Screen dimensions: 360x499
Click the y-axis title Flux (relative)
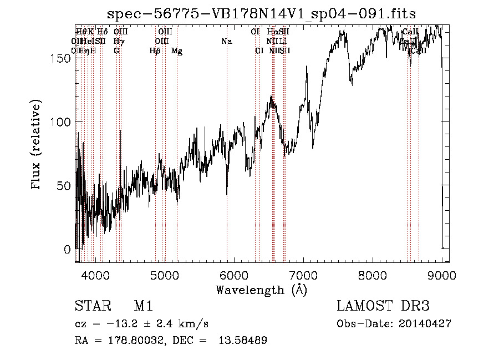[37, 145]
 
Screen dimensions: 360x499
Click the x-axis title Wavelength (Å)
[261, 290]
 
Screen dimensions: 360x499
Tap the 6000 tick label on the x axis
[234, 275]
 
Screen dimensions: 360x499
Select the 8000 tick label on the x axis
[373, 275]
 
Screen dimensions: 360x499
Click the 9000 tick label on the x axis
[442, 275]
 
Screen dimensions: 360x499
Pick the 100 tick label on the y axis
[63, 121]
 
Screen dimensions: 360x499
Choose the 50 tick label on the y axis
[66, 185]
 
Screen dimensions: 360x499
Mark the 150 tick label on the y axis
[63, 58]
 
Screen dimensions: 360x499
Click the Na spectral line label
[226, 41]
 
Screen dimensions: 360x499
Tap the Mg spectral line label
[176, 50]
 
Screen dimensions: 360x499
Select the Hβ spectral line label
[155, 50]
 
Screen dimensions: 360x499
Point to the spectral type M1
[143, 306]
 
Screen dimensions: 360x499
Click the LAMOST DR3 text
[383, 306]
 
